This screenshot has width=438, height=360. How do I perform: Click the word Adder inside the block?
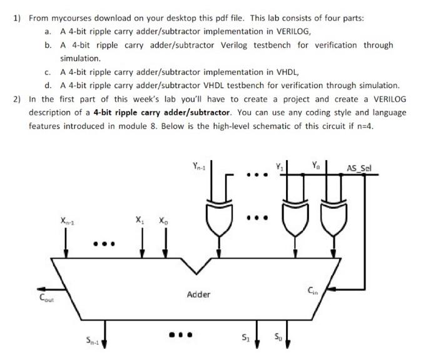pos(198,294)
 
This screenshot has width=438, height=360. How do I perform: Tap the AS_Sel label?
pos(359,167)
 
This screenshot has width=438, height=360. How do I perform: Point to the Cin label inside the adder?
pos(314,289)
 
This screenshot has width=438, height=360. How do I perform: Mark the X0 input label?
pos(163,221)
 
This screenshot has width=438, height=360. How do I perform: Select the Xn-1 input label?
pos(68,220)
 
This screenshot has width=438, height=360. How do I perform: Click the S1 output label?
pos(246,339)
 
